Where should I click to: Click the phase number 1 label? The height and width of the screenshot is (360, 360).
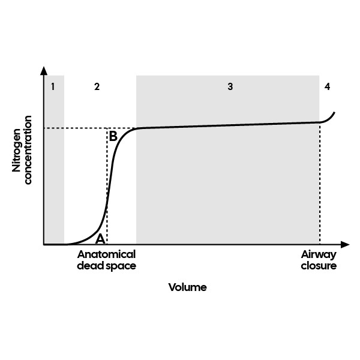pyautogui.click(x=53, y=86)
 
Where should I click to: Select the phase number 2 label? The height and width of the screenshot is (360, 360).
pyautogui.click(x=97, y=86)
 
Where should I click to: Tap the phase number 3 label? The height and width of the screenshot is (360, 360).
pyautogui.click(x=230, y=86)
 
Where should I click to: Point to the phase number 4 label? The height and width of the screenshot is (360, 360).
pyautogui.click(x=327, y=86)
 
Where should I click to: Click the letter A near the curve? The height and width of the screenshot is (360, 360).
pyautogui.click(x=100, y=238)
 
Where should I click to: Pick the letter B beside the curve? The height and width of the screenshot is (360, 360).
pyautogui.click(x=113, y=136)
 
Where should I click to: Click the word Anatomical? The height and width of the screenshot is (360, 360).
pyautogui.click(x=107, y=254)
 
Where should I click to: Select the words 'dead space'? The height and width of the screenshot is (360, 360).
pyautogui.click(x=107, y=265)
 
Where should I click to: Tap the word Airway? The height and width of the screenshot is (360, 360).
pyautogui.click(x=319, y=254)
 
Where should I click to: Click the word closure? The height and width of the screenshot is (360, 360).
pyautogui.click(x=319, y=265)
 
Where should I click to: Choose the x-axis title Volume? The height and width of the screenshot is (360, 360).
pyautogui.click(x=187, y=287)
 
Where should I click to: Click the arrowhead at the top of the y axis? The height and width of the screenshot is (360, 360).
pyautogui.click(x=44, y=71)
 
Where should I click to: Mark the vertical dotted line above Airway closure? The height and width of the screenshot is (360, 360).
pyautogui.click(x=320, y=186)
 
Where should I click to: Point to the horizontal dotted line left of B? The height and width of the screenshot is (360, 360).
pyautogui.click(x=75, y=128)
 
